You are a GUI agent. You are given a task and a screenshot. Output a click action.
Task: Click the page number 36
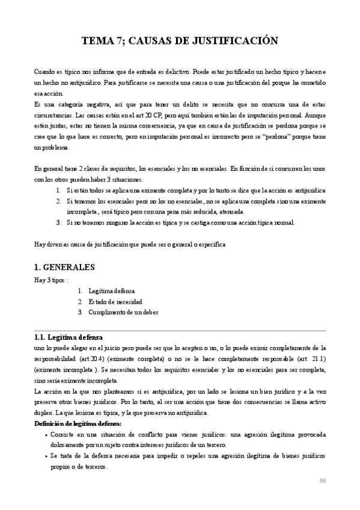click(x=322, y=481)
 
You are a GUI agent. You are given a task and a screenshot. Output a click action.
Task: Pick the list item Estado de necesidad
click(x=115, y=301)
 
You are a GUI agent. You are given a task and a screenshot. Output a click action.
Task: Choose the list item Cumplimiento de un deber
click(x=123, y=312)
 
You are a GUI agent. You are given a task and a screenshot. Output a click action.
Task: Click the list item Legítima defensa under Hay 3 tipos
click(x=111, y=290)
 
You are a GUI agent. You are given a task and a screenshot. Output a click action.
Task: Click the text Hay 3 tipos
click(x=50, y=280)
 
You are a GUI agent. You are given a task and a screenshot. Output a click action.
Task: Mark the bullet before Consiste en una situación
click(x=47, y=435)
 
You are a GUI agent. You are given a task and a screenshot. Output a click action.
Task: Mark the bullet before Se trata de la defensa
click(x=47, y=456)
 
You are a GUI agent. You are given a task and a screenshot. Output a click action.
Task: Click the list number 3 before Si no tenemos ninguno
click(x=58, y=223)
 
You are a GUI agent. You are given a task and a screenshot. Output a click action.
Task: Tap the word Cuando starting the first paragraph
click(x=44, y=71)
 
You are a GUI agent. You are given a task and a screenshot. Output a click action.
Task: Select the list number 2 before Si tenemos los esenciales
click(x=58, y=201)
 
